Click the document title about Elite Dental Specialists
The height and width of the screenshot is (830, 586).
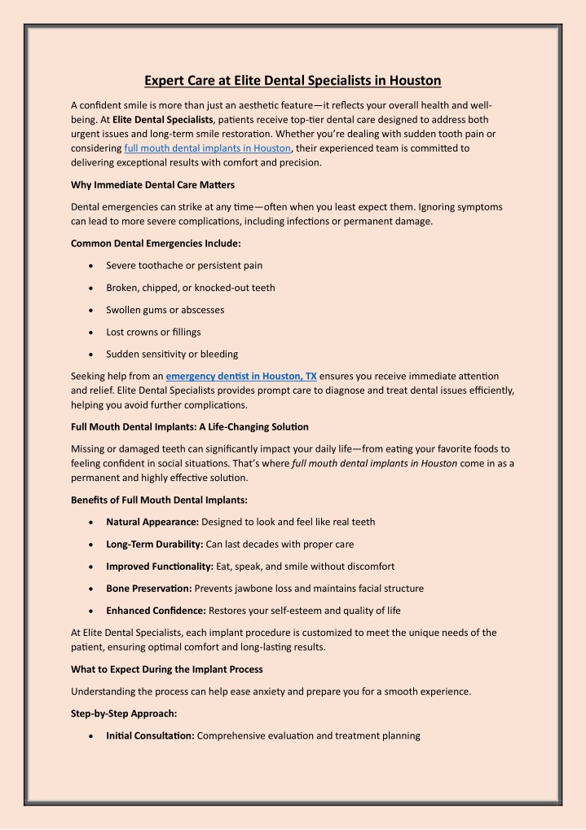tap(293, 80)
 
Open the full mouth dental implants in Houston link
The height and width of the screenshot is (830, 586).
tap(208, 148)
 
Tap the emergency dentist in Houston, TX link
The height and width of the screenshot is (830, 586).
tap(241, 376)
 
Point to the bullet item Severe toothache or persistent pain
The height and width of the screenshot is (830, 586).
tap(184, 265)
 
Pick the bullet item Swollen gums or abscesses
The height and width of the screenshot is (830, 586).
tap(165, 310)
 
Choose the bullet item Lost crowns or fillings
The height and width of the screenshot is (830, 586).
tap(153, 332)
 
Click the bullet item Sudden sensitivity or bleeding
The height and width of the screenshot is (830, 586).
tap(172, 354)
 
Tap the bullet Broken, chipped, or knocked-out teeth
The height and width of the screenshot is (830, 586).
tap(191, 288)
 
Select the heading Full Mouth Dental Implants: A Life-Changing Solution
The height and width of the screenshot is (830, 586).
tap(190, 427)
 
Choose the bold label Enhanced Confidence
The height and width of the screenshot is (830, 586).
tap(156, 610)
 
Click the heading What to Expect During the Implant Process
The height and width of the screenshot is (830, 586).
tap(167, 669)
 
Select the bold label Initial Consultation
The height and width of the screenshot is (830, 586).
tap(150, 735)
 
